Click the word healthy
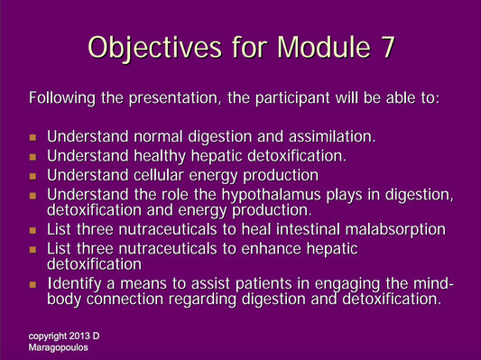(150, 156)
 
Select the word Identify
(73, 285)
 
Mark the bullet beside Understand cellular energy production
(33, 176)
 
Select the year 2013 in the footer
(79, 336)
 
